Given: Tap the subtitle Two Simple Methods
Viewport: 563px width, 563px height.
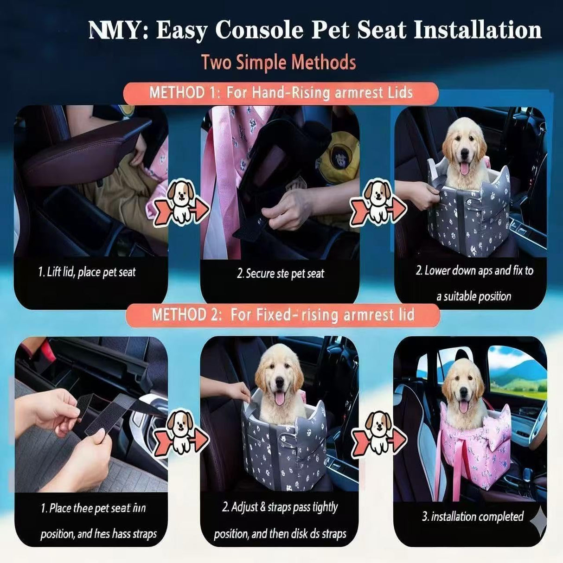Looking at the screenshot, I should point(279,62).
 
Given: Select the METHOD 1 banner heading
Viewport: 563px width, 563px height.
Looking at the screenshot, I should point(281,93).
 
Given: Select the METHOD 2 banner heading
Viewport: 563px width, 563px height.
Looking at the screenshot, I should point(283,315).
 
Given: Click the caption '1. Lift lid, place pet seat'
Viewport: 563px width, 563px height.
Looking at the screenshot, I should point(87,272).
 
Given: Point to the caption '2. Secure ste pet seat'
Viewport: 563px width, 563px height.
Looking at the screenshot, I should point(280,274).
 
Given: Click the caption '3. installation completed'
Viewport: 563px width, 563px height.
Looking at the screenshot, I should point(472,517).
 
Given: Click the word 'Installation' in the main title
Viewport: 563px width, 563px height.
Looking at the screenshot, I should point(477,31).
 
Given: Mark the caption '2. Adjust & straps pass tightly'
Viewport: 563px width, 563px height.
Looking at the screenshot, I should point(280,507).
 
